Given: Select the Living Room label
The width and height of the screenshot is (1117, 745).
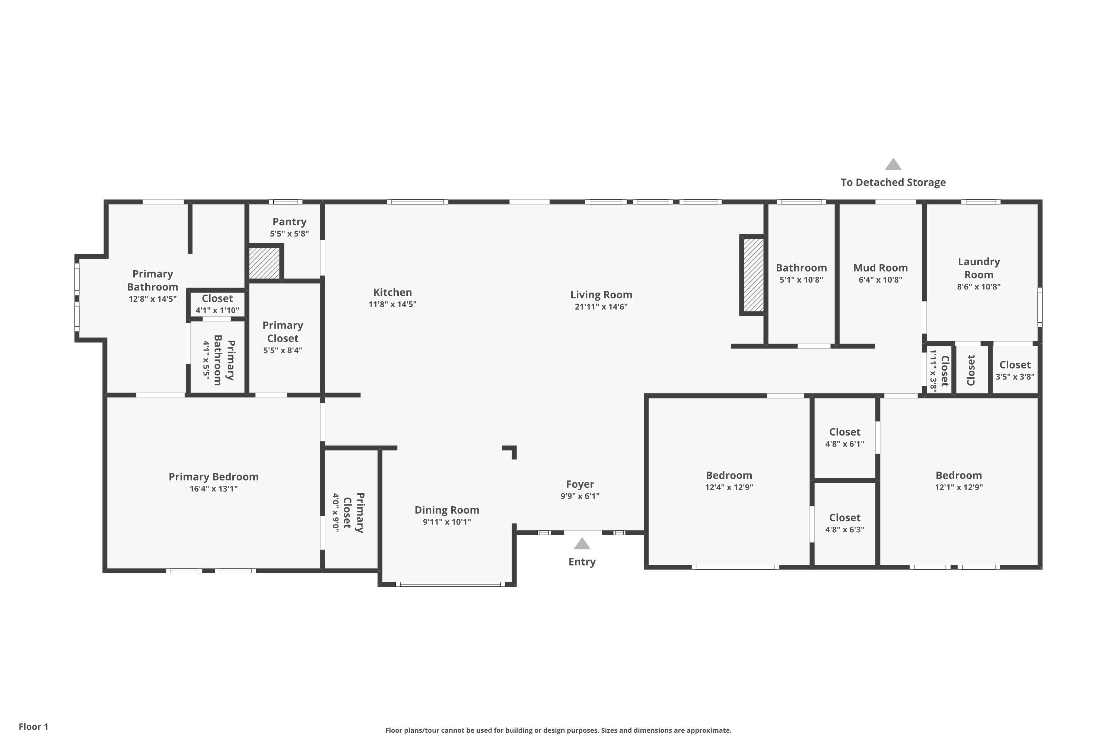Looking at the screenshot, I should point(601,295).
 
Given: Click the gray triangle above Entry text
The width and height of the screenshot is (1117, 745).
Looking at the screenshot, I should point(582,544).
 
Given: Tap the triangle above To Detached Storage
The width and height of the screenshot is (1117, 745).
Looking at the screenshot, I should point(893,164).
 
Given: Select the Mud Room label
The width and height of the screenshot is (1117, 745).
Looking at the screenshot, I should point(880,268).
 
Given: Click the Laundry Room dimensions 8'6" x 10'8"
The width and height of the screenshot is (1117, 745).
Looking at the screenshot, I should point(978,286).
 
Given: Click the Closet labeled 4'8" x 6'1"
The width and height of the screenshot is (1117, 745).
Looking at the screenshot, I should point(844,432).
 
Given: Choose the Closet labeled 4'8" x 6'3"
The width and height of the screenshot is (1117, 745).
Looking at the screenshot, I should point(844,517).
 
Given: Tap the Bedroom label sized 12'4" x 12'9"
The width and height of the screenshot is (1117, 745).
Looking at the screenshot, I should point(729,475).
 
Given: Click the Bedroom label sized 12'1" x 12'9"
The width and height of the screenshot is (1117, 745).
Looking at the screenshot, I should point(958,475).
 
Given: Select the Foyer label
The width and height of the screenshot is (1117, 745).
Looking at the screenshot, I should point(580,484).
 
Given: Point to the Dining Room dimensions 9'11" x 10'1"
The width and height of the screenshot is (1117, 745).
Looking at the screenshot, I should point(446,522).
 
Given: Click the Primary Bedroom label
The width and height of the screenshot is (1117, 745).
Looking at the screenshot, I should point(213,476).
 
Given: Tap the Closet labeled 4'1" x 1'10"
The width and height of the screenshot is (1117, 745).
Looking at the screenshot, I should point(217,298).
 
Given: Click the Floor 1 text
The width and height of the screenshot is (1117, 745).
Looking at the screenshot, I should point(33,726).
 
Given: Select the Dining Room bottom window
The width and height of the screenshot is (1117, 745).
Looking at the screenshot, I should point(450,584).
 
